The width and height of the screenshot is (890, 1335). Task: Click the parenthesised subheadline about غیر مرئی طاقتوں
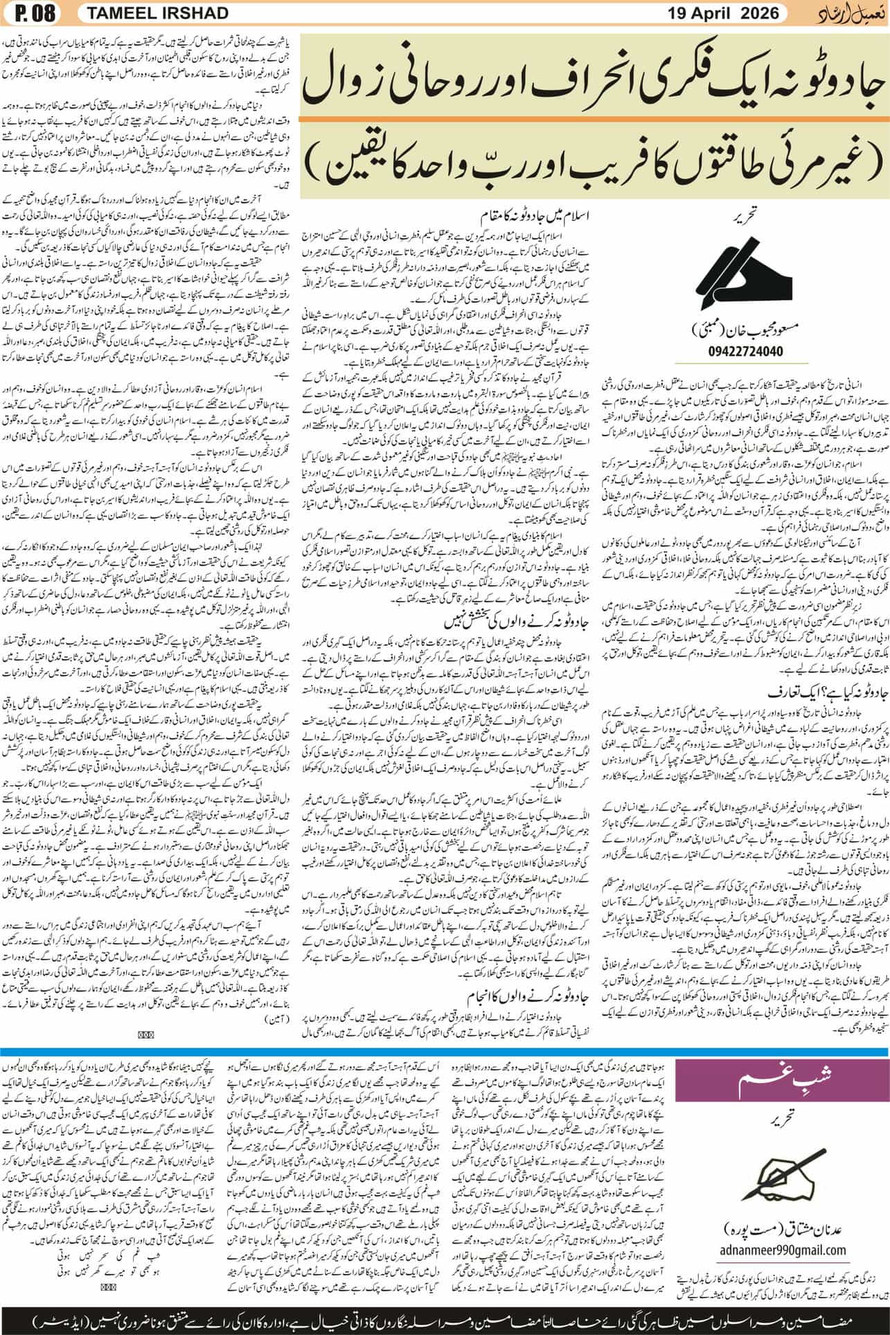pyautogui.click(x=594, y=163)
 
